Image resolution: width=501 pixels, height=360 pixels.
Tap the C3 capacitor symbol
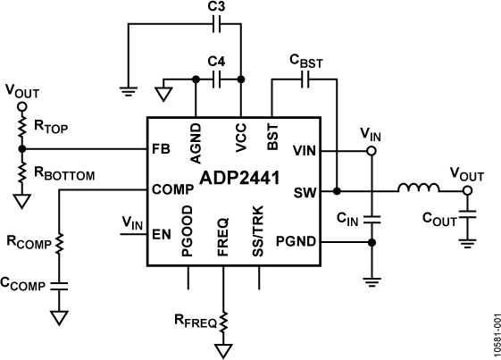215,25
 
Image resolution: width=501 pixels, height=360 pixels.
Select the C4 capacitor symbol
215,80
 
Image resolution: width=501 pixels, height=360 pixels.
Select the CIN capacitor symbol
372,217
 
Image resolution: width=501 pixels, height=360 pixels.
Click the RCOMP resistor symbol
60,242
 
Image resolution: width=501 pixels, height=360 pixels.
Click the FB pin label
161,150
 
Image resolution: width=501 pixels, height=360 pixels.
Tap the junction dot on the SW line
337,190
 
